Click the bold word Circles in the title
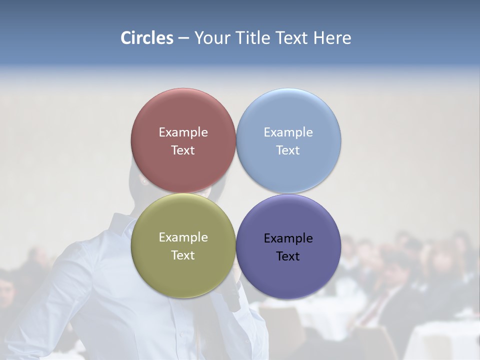coord(147,38)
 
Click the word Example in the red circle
coord(183,132)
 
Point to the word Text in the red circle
coord(183,150)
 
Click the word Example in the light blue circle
coord(288,132)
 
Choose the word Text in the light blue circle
coord(288,150)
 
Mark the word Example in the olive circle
coord(183,237)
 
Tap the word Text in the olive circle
coord(183,255)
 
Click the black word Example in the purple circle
coord(288,238)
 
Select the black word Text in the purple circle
coord(288,256)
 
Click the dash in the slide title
coord(183,38)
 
